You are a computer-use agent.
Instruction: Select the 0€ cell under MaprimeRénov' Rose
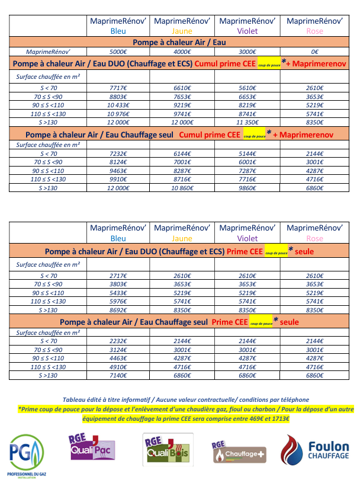pos(314,52)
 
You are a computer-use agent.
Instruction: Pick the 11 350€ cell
pos(247,122)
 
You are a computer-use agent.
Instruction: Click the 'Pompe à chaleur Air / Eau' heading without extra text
pos(179,42)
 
